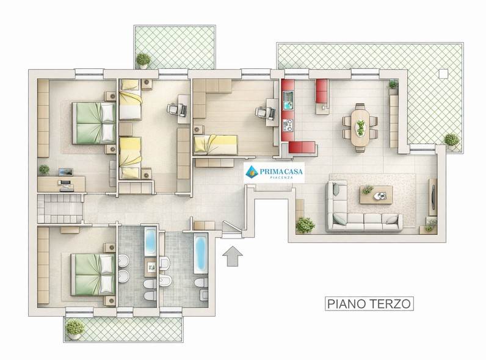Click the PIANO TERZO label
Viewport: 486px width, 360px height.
368,303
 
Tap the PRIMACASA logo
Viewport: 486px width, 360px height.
274,172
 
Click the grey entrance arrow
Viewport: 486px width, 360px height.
233,256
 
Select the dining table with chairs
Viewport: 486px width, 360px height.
360,127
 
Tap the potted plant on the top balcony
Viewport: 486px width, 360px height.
143,60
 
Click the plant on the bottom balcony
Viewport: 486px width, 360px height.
74,328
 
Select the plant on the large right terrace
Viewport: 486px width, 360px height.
451,140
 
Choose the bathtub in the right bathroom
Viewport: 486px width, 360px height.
200,253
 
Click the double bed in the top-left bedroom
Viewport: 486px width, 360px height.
94,123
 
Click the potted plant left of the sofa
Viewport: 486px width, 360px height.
304,225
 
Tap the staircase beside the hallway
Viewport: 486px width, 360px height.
59,209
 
